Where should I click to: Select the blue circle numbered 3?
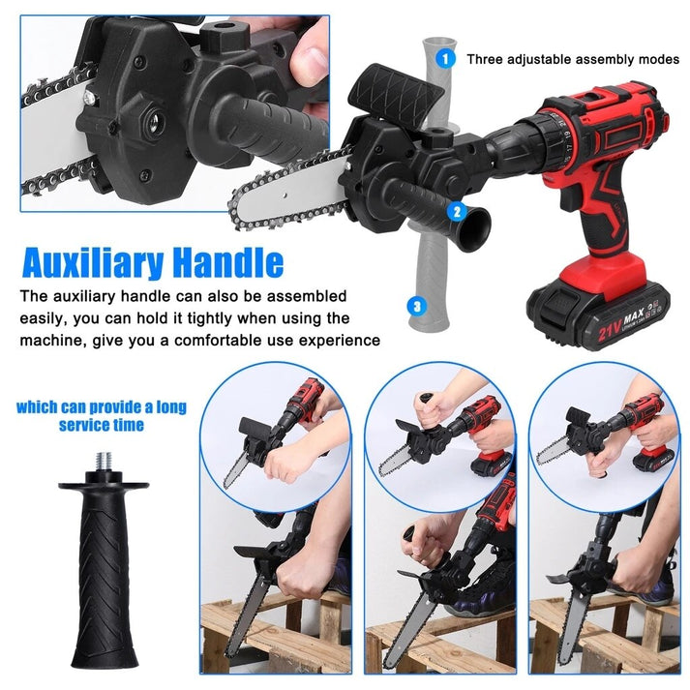click(417, 307)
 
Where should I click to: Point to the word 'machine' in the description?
click(59, 340)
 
